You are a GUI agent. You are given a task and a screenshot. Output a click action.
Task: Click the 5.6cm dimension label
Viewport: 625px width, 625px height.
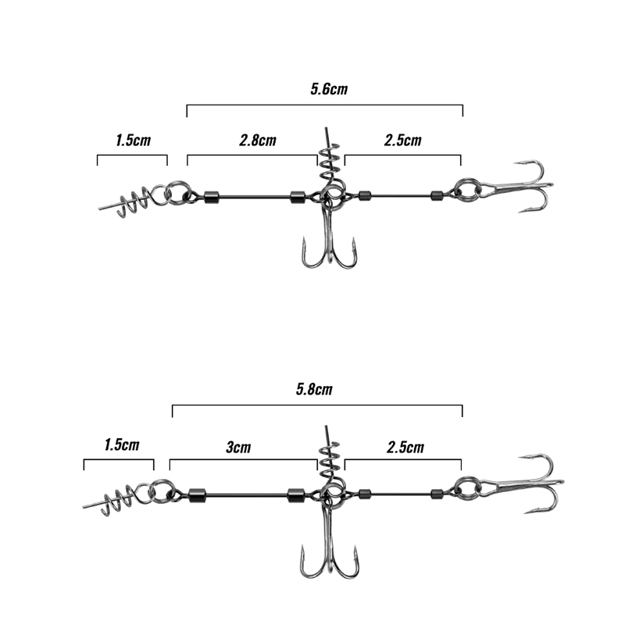pos(329,89)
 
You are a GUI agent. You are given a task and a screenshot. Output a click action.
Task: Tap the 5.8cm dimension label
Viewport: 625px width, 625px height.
pos(314,389)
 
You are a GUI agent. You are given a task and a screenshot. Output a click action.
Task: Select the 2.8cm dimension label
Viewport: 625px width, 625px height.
pos(258,141)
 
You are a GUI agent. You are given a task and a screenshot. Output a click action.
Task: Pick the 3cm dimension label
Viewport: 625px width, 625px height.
pos(238,447)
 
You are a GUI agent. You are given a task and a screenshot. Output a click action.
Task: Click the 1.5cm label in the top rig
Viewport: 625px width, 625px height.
pos(133,141)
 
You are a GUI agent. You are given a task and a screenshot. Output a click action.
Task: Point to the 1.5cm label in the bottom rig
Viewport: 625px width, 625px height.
pos(122,445)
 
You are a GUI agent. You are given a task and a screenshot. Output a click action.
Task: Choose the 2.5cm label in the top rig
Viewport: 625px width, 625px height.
pos(402,141)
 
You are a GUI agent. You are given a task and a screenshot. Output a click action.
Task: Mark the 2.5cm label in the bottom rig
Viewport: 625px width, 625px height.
pos(405,447)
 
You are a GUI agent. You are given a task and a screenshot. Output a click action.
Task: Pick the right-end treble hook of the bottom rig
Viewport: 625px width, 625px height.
pos(522,484)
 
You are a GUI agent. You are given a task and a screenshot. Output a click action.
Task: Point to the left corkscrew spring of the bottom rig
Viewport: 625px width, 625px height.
pos(113,500)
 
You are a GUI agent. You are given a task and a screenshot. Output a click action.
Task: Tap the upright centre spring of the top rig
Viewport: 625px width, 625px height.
pos(330,159)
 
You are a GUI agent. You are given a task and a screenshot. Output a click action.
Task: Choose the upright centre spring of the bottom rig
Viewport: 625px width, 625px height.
pos(330,456)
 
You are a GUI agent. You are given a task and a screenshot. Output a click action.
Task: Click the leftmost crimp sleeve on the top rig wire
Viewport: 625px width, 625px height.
pos(212,197)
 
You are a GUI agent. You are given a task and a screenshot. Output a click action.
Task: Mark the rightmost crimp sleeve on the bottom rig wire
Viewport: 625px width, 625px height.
pos(437,495)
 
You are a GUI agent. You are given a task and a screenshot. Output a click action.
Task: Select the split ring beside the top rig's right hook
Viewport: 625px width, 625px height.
pos(468,190)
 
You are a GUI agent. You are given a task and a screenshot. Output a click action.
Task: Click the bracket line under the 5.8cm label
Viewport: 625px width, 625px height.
pos(317,405)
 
